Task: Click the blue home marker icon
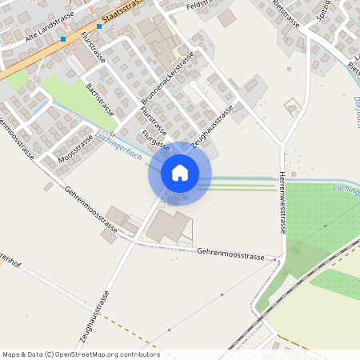pos(180,172)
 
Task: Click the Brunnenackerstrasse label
pos(168,80)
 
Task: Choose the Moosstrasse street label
pos(76,149)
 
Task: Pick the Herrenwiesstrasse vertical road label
pos(283,204)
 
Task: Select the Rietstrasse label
pos(286,14)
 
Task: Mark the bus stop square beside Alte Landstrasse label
pos(62,38)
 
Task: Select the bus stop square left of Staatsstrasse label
pos(99,26)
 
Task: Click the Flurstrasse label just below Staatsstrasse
pos(93,48)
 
